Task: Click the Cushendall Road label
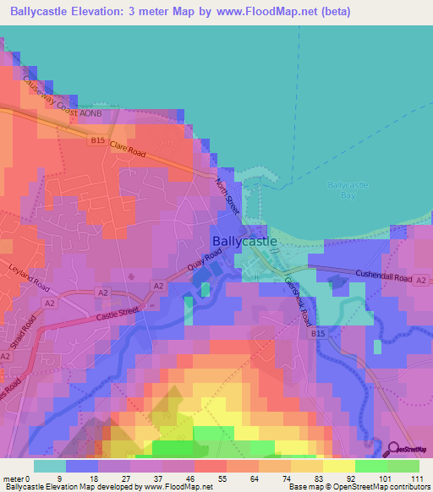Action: tap(385, 277)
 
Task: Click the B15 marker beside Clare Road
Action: tap(98, 142)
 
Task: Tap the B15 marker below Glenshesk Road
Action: tap(318, 335)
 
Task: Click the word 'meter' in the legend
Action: tap(14, 478)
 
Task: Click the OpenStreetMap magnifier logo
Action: tap(393, 449)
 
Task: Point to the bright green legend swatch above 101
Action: tap(371, 466)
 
